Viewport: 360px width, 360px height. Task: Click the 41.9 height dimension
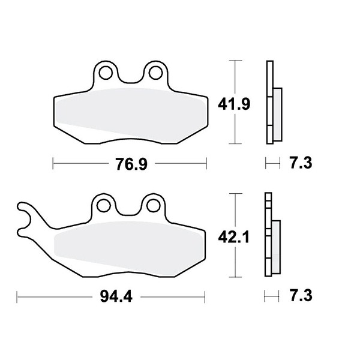click(x=234, y=104)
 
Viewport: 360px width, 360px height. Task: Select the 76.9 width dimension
click(x=131, y=164)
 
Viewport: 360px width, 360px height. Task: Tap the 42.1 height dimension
click(x=234, y=237)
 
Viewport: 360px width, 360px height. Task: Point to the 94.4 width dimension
click(x=116, y=296)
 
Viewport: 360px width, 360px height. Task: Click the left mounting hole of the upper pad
click(x=106, y=73)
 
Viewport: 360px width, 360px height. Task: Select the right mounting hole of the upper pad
click(x=155, y=73)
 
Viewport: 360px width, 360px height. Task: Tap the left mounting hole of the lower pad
click(x=104, y=206)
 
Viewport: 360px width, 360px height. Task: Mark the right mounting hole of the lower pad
click(x=154, y=206)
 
